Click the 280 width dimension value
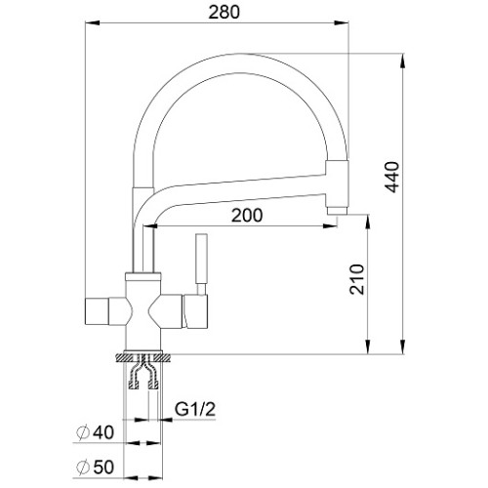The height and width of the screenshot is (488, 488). pyautogui.click(x=224, y=13)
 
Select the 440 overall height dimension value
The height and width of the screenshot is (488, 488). pyautogui.click(x=391, y=177)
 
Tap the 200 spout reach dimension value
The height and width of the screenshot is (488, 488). pyautogui.click(x=247, y=215)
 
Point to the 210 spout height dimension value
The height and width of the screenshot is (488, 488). pyautogui.click(x=357, y=279)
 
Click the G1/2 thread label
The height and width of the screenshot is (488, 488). pyautogui.click(x=195, y=409)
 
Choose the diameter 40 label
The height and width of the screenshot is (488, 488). pyautogui.click(x=95, y=432)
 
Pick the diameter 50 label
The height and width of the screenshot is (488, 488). pyautogui.click(x=95, y=468)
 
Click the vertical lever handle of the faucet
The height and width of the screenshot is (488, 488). pyautogui.click(x=201, y=259)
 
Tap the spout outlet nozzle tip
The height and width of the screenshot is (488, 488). pyautogui.click(x=338, y=211)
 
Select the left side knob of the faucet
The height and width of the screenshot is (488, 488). pyautogui.click(x=97, y=310)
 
